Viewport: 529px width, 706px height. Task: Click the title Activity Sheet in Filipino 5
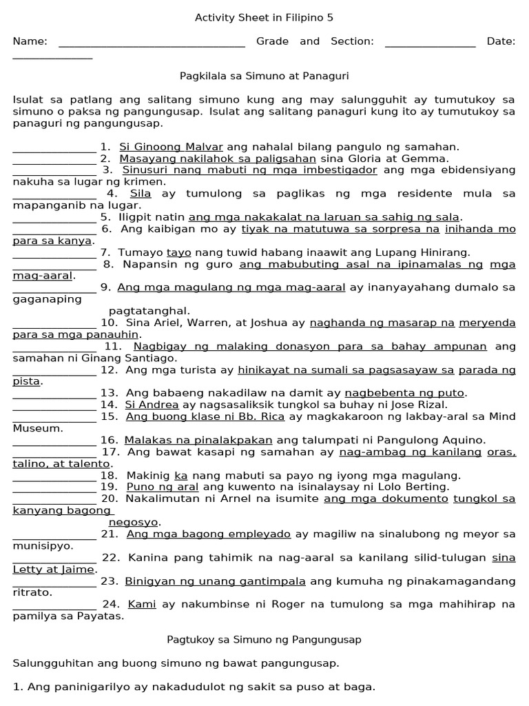pos(264,18)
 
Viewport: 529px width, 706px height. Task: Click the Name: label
pos(30,41)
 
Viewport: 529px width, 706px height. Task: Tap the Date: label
pos(501,41)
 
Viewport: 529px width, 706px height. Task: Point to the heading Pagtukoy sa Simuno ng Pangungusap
pos(264,639)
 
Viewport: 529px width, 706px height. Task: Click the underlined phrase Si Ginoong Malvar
pos(171,147)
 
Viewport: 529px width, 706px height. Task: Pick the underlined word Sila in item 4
pos(141,194)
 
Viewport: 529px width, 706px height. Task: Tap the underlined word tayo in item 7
pos(178,252)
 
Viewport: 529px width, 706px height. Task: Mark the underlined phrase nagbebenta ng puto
pos(405,393)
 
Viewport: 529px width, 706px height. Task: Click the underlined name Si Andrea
pos(152,405)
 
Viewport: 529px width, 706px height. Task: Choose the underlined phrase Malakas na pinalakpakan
pos(198,440)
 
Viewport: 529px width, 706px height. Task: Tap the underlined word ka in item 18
pos(181,475)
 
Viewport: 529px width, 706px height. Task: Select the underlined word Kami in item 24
pos(142,604)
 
